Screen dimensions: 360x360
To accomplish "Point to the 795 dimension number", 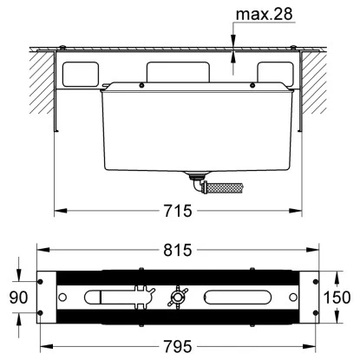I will point(180,348).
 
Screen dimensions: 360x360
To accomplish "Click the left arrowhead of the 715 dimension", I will point(58,210).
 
